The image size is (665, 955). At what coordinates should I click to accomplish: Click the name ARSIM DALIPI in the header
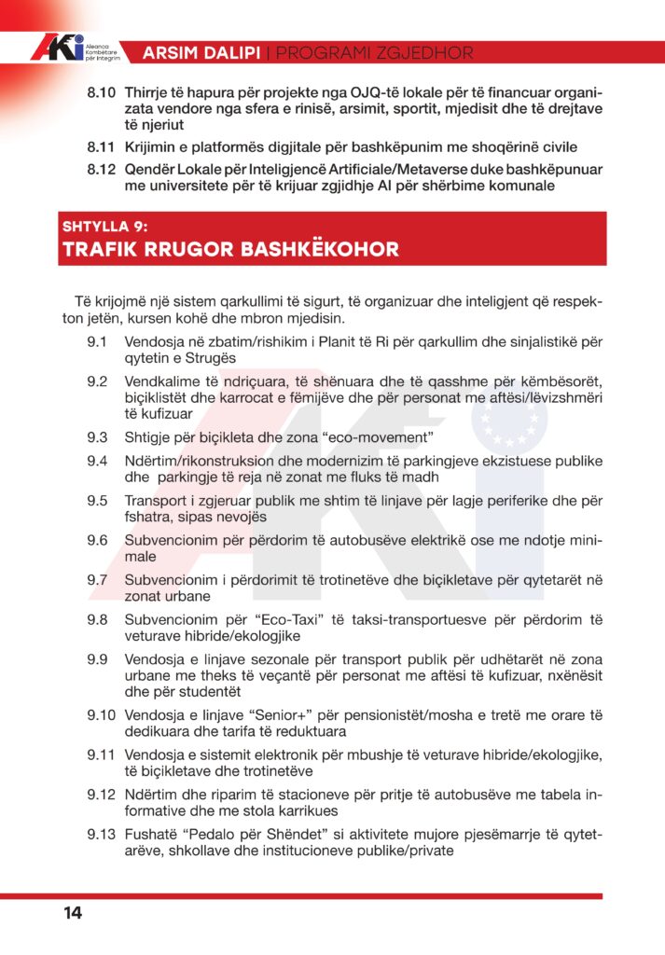point(201,53)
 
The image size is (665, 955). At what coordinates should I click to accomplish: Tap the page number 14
point(73,913)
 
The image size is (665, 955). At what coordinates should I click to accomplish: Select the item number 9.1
point(97,342)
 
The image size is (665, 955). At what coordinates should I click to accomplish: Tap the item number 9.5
point(97,500)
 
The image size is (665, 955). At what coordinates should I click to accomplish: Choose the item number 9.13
point(101,833)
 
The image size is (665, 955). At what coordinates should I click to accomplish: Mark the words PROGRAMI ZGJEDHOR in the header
point(373,53)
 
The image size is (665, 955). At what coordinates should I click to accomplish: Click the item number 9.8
point(97,618)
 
